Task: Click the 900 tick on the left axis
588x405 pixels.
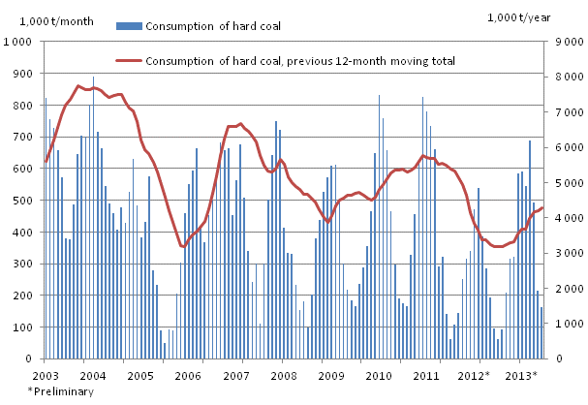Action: [18, 74]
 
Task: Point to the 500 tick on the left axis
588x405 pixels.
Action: [18, 201]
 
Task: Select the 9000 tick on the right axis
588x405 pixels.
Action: [569, 42]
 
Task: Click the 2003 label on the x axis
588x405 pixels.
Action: [45, 374]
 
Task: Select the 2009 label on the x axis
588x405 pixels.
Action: [330, 374]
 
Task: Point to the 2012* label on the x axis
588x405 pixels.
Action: [475, 374]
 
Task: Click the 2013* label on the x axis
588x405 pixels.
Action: [522, 374]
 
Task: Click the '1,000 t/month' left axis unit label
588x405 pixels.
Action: [42, 19]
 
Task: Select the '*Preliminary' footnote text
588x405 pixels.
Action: [60, 391]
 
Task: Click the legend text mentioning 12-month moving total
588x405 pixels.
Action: [300, 61]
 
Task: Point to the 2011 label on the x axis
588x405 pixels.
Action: [426, 374]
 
